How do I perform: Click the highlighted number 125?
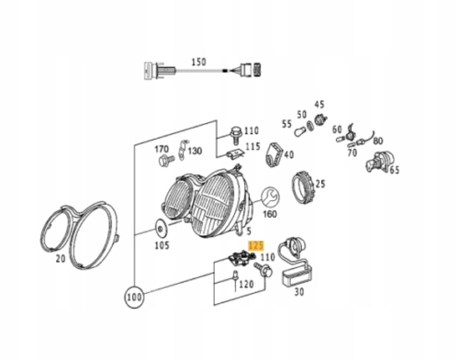(256, 245)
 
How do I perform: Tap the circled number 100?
(134, 297)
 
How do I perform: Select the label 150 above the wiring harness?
(198, 62)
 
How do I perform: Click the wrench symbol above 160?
(270, 197)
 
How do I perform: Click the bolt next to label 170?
(166, 160)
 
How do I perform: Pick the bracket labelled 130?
(183, 150)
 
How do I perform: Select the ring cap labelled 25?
(302, 188)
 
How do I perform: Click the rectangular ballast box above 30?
(297, 275)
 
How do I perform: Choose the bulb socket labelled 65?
(379, 163)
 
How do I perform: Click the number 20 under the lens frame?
(61, 259)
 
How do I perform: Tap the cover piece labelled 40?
(274, 155)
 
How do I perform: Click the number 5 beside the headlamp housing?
(249, 231)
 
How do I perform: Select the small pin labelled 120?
(235, 277)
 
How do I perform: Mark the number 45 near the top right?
(319, 105)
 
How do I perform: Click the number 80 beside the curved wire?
(378, 141)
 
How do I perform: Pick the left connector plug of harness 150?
(159, 71)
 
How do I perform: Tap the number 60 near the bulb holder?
(337, 129)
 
